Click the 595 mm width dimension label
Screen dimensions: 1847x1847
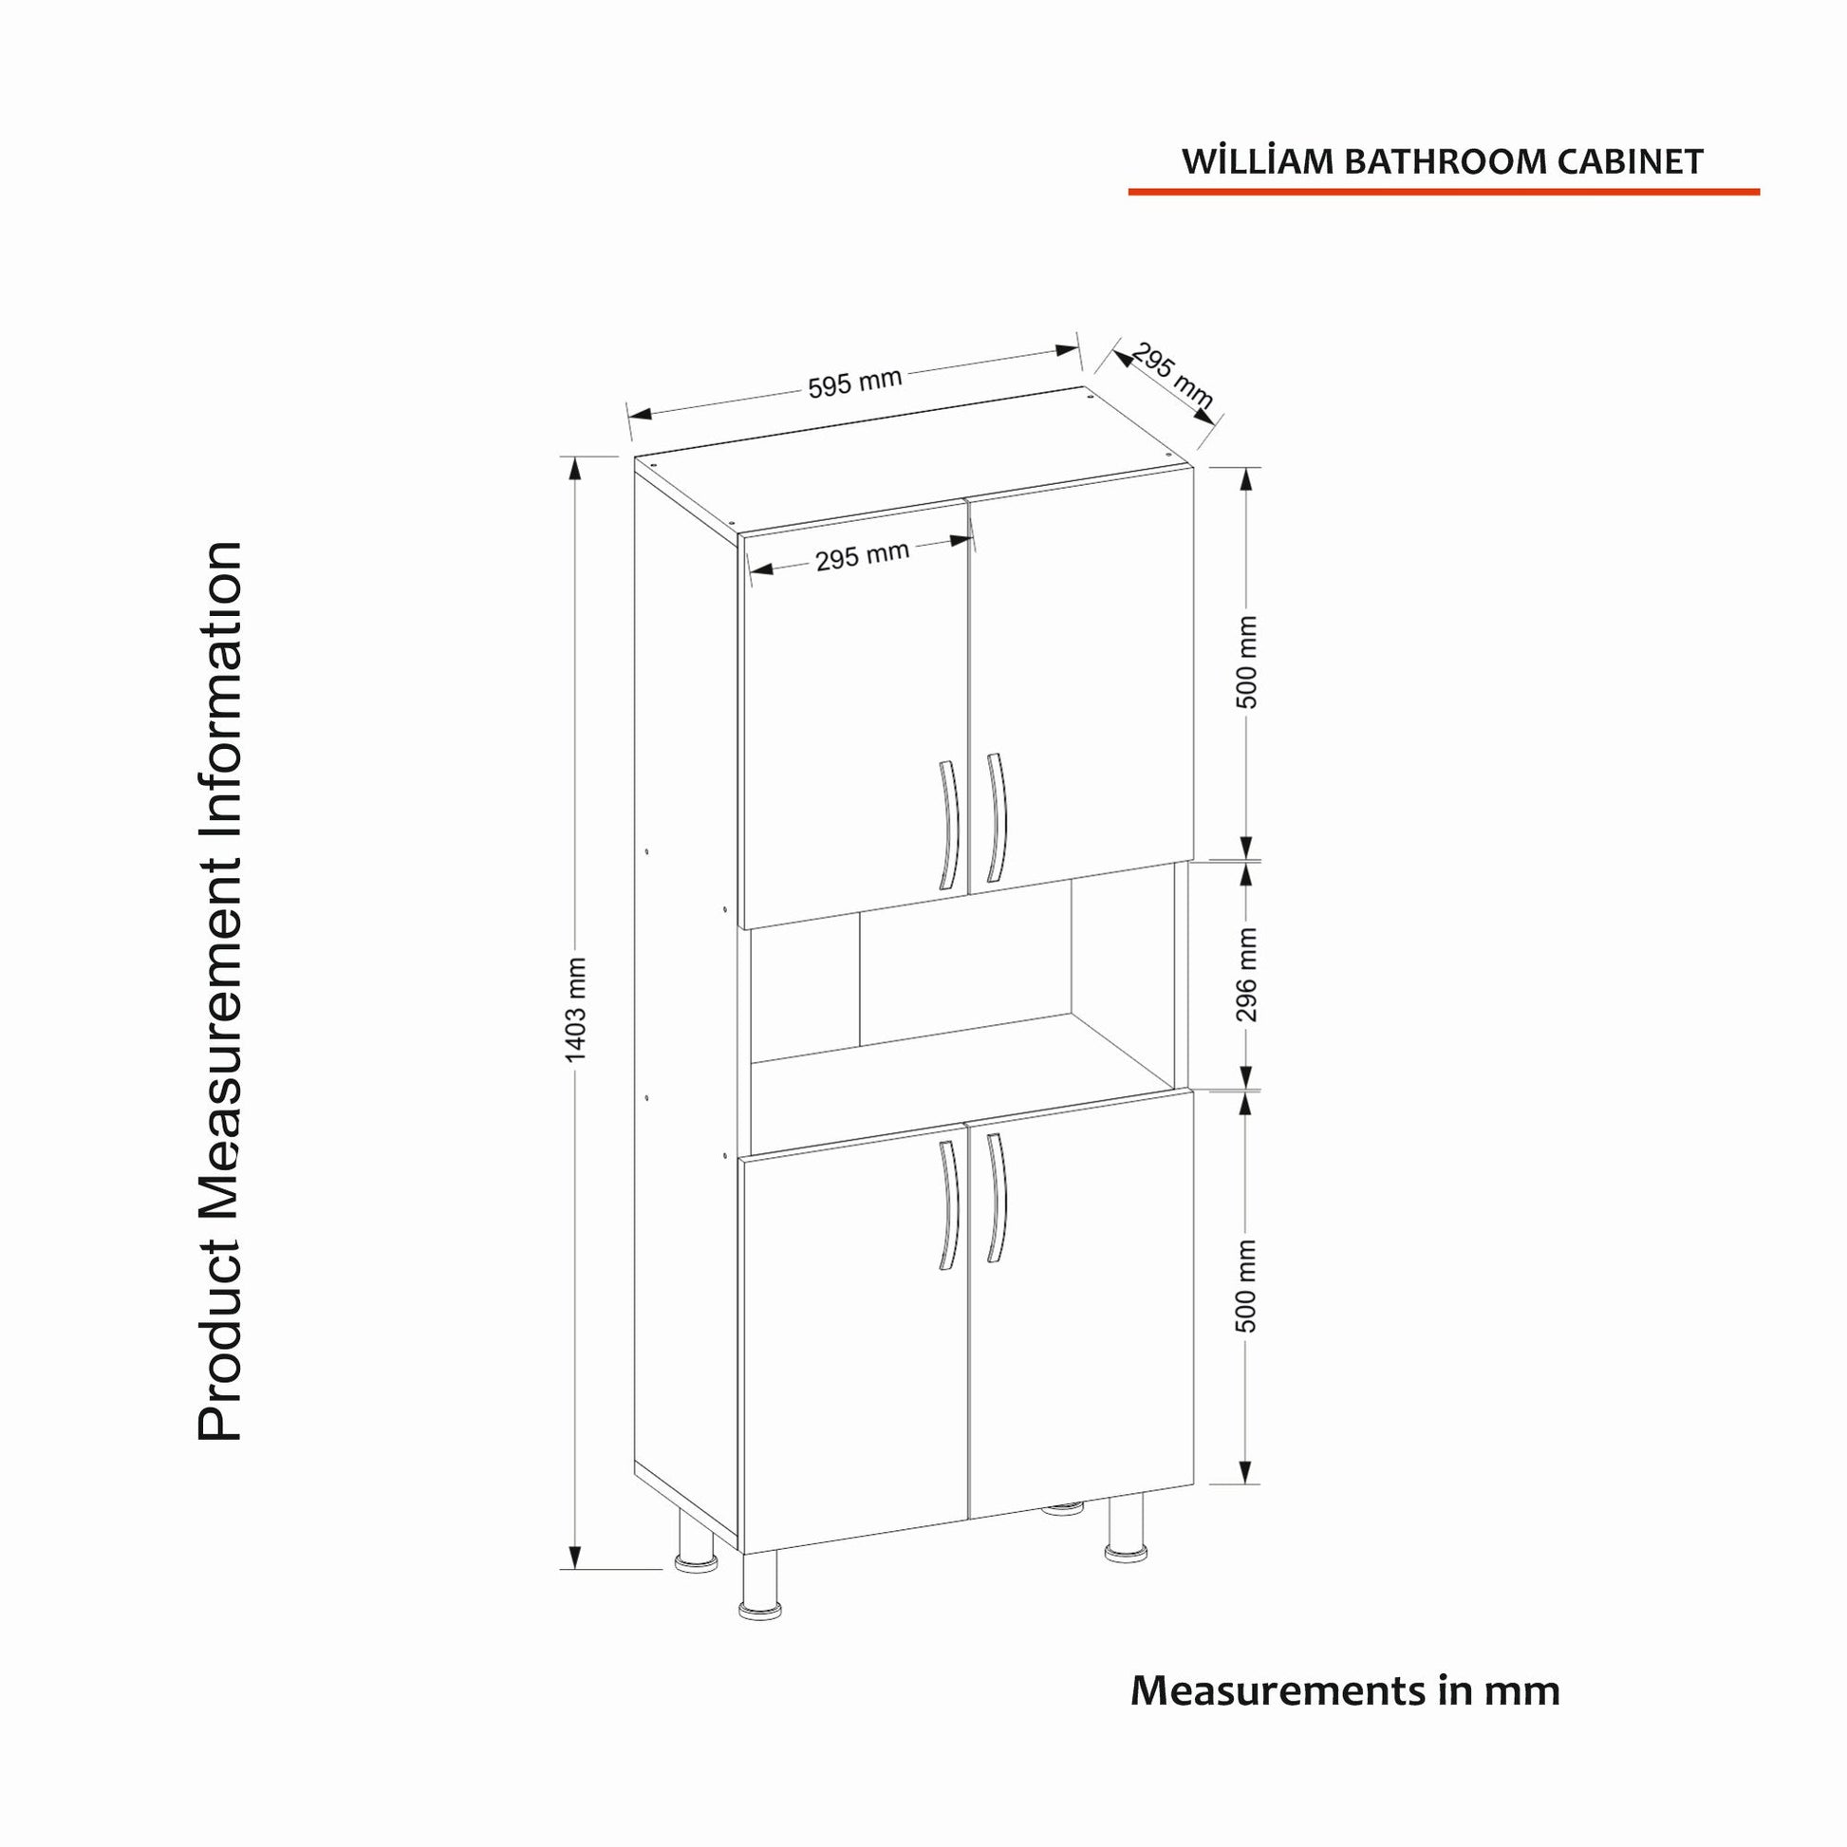(x=854, y=382)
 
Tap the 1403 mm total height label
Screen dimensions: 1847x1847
(x=575, y=1010)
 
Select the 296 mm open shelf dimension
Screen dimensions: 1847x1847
(x=1246, y=974)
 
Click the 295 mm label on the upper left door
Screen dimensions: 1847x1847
(x=862, y=555)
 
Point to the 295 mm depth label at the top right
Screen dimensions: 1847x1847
(x=1172, y=377)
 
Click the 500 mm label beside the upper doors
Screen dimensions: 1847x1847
(x=1246, y=662)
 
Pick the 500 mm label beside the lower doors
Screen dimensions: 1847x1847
(x=1246, y=1286)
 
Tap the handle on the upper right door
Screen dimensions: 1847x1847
(x=997, y=817)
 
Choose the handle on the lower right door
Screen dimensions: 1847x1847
(x=997, y=1198)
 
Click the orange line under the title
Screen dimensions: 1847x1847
(x=1444, y=192)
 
